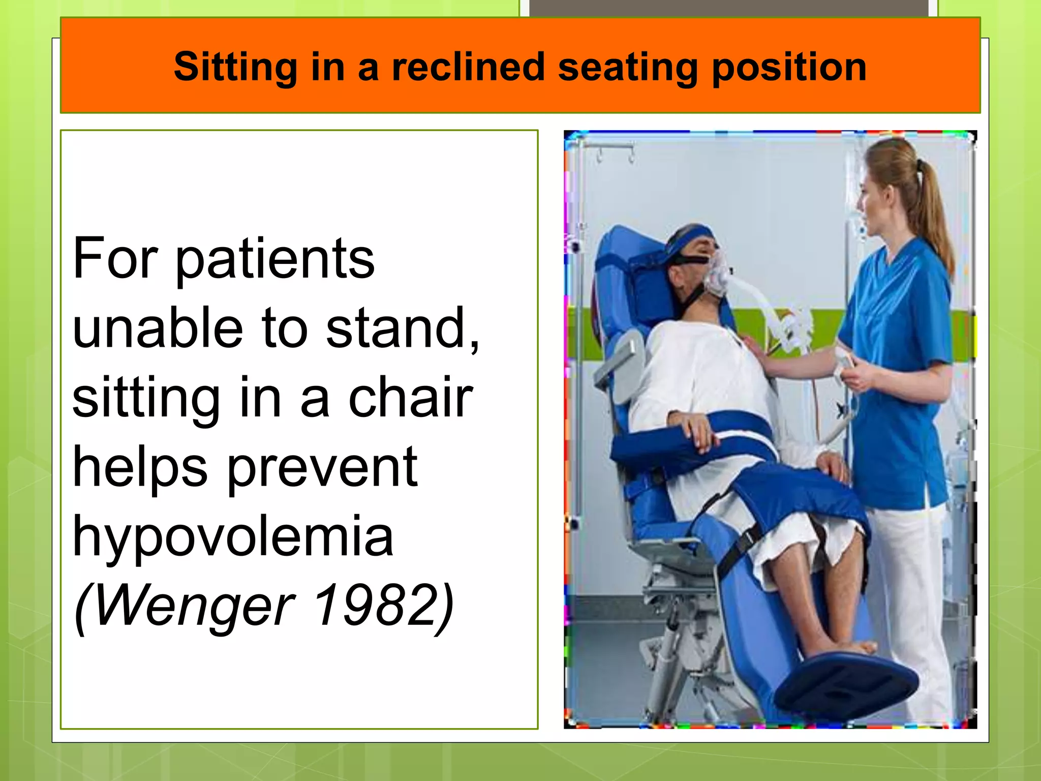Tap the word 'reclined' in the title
(468, 67)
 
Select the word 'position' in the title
(789, 68)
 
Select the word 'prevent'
(322, 468)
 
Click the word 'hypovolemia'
(233, 536)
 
